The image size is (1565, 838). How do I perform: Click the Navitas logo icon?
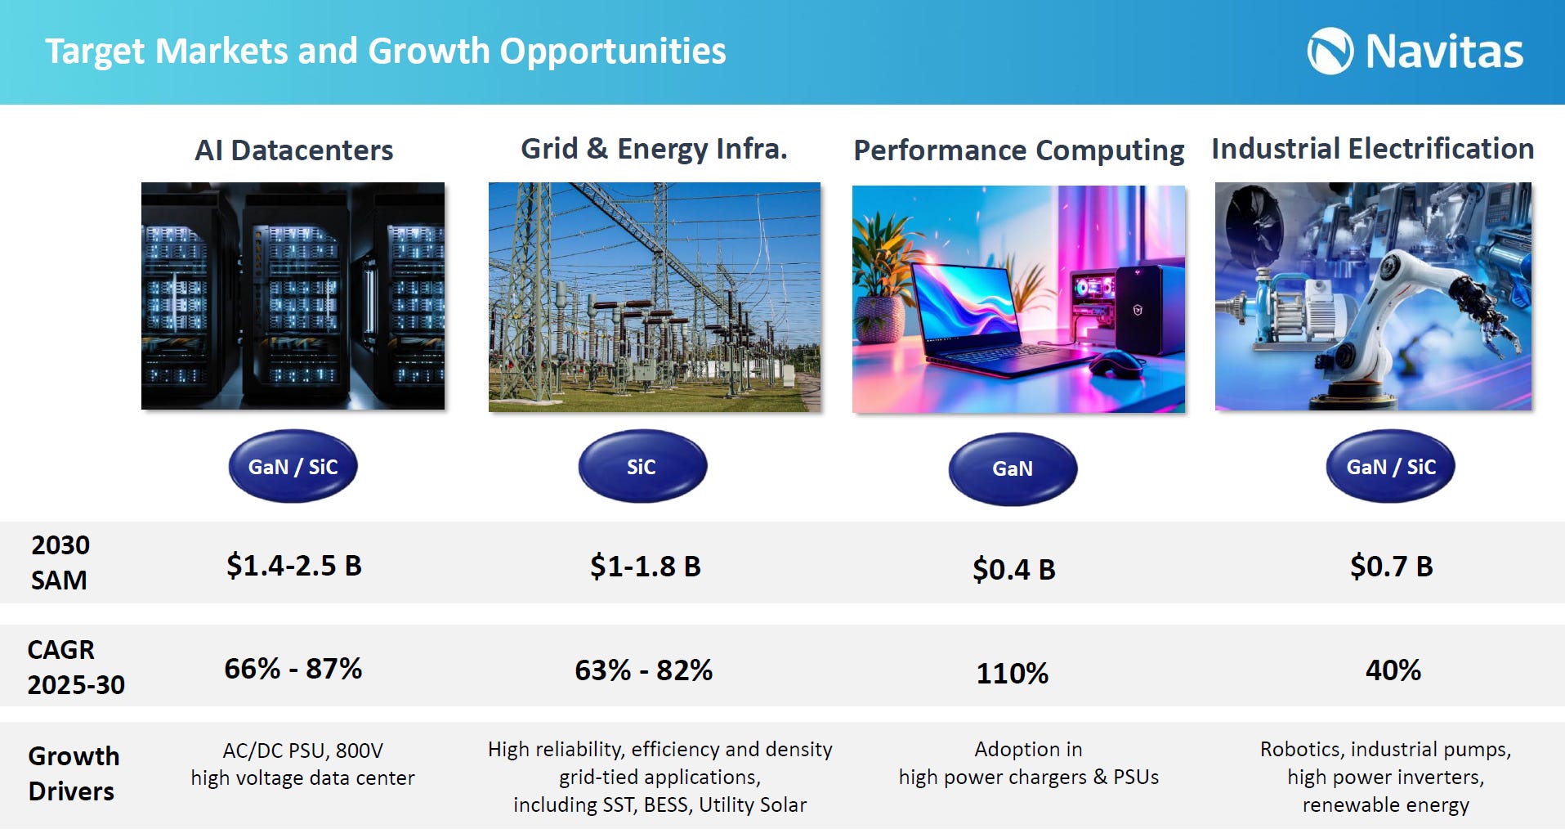click(x=1330, y=51)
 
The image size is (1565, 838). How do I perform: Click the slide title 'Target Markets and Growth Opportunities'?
click(x=385, y=51)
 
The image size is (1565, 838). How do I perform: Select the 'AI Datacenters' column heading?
click(x=293, y=150)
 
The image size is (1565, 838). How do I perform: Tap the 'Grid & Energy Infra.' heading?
click(x=654, y=149)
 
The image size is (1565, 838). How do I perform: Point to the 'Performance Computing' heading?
click(x=1018, y=150)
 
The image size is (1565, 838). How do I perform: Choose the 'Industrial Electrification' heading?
click(x=1372, y=149)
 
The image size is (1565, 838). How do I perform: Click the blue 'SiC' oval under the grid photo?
click(x=642, y=467)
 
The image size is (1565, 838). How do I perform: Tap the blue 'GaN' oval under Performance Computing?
click(x=1013, y=468)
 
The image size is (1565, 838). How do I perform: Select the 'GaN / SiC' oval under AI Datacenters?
click(x=293, y=466)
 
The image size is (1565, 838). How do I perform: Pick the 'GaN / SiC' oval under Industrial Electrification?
click(x=1390, y=466)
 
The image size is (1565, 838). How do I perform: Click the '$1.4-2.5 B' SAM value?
click(x=293, y=566)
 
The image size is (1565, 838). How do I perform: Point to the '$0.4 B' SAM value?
click(x=1013, y=569)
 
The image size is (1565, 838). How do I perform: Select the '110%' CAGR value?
click(x=1012, y=674)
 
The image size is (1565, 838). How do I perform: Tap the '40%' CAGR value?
click(x=1393, y=670)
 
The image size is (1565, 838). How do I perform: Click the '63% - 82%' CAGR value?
click(x=643, y=670)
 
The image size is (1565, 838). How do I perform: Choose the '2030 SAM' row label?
click(x=60, y=562)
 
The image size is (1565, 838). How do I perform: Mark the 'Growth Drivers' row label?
click(x=74, y=773)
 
